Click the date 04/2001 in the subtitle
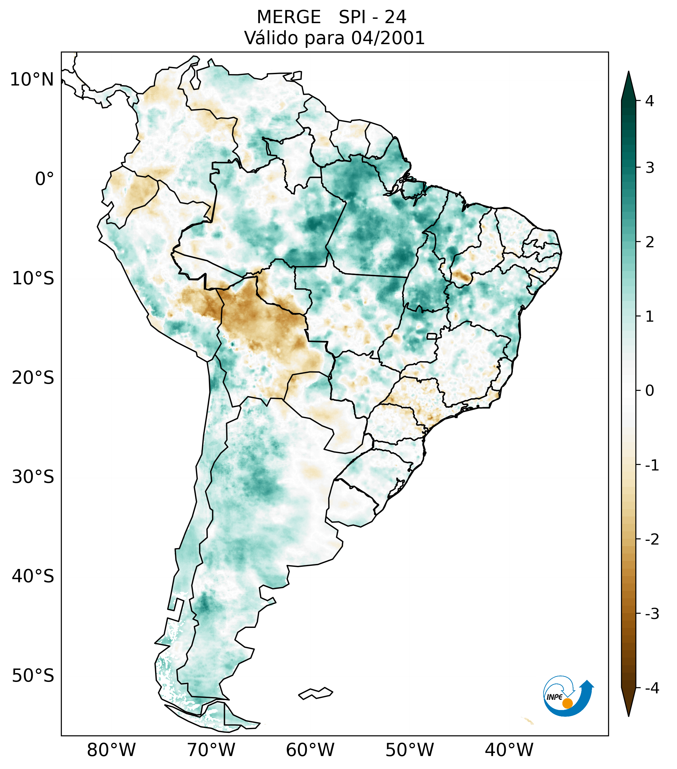coord(388,38)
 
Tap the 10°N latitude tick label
coord(32,80)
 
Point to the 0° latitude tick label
coord(44,179)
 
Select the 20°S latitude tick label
coord(33,378)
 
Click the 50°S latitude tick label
coord(33,676)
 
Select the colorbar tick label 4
coord(649,101)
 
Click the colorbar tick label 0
coord(649,391)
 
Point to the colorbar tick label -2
coord(652,540)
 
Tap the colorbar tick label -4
coord(652,688)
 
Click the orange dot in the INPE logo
coord(567,703)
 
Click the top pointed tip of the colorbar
coord(628,72)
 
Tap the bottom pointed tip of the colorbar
coord(628,716)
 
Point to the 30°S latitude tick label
coord(33,477)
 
